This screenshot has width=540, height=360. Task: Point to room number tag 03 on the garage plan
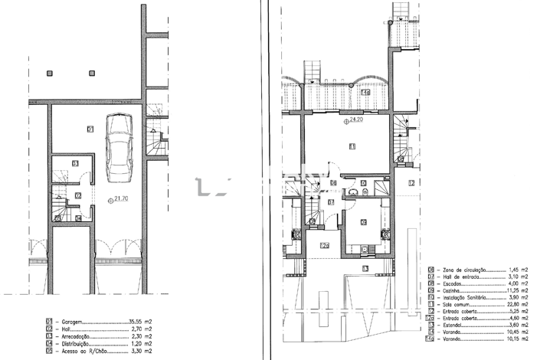75,163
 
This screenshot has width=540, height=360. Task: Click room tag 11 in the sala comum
352,146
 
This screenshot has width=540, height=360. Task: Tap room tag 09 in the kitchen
363,222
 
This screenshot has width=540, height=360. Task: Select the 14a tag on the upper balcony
365,93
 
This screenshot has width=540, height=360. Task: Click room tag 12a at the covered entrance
324,245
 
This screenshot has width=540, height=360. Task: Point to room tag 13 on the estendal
365,269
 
